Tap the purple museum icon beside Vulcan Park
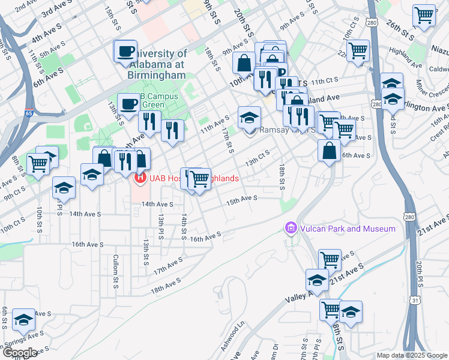pos(291,228)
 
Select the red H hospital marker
pos(140,178)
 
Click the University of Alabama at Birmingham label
pos(157,64)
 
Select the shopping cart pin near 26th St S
pos(424,15)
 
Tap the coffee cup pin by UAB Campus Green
pos(129,104)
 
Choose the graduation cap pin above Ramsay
pos(249,117)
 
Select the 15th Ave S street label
pos(241,199)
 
